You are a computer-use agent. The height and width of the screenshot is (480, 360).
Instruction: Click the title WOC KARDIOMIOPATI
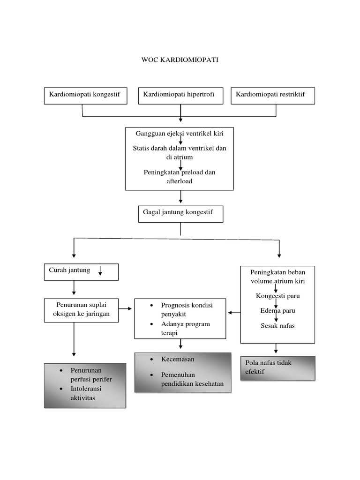pyautogui.click(x=180, y=60)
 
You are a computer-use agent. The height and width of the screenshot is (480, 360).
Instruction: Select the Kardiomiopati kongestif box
pyautogui.click(x=85, y=95)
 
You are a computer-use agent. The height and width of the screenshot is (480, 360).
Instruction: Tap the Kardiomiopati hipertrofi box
pyautogui.click(x=180, y=95)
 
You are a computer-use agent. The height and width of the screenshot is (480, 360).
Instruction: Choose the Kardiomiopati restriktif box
pyautogui.click(x=272, y=95)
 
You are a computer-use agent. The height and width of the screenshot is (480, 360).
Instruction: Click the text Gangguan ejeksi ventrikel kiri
pyautogui.click(x=180, y=134)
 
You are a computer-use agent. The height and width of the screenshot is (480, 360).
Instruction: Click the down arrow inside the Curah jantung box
pyautogui.click(x=100, y=271)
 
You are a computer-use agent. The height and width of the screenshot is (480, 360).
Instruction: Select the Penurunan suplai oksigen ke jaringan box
pyautogui.click(x=82, y=310)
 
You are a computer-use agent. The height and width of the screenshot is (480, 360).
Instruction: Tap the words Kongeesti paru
pyautogui.click(x=278, y=296)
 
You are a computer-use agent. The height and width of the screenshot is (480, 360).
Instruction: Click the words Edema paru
pyautogui.click(x=278, y=310)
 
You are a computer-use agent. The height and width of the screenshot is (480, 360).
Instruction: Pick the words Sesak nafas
pyautogui.click(x=278, y=325)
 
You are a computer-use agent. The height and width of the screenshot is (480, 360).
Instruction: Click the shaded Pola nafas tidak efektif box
pyautogui.click(x=277, y=367)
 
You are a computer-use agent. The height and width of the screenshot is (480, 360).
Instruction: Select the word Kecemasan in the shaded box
pyautogui.click(x=178, y=359)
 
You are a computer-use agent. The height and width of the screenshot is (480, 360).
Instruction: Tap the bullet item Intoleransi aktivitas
pyautogui.click(x=86, y=393)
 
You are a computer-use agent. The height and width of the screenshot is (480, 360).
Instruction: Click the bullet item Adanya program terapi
pyautogui.click(x=185, y=329)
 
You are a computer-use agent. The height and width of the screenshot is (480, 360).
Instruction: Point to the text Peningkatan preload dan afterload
pyautogui.click(x=180, y=176)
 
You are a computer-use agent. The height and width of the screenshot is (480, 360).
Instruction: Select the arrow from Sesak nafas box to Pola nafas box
pyautogui.click(x=276, y=349)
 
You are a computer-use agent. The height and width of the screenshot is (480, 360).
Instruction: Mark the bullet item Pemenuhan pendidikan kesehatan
pyautogui.click(x=192, y=379)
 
